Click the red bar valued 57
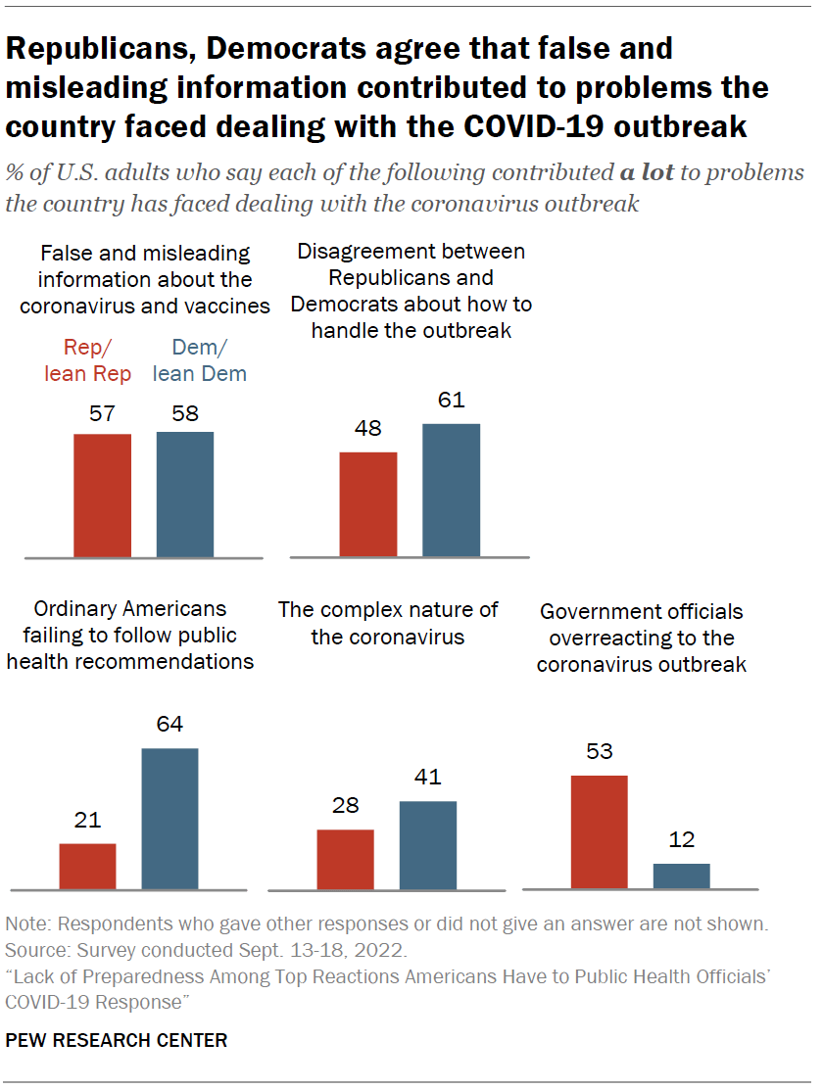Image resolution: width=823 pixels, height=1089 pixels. pos(103,496)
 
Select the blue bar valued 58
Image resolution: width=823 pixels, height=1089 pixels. pos(185,495)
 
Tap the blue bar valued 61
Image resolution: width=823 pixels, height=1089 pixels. pos(452,491)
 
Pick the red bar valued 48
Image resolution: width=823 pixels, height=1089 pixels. pos(368,504)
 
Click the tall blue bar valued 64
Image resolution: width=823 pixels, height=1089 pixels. pos(170,819)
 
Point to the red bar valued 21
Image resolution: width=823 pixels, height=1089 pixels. pos(88,867)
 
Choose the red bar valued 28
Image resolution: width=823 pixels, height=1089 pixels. pos(345,860)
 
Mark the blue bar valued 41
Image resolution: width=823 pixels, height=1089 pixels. pos(428,845)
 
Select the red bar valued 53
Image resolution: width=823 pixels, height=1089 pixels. pos(599,832)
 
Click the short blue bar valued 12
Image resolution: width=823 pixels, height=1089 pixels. pos(682,876)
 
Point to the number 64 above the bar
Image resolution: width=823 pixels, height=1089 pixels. pos(170,725)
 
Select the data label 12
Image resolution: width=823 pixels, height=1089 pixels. pos(682,840)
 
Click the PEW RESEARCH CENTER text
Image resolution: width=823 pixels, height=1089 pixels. pos(117,1040)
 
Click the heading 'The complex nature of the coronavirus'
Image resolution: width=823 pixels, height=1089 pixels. pos(388,623)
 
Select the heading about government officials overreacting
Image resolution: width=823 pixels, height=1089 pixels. pos(642,638)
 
